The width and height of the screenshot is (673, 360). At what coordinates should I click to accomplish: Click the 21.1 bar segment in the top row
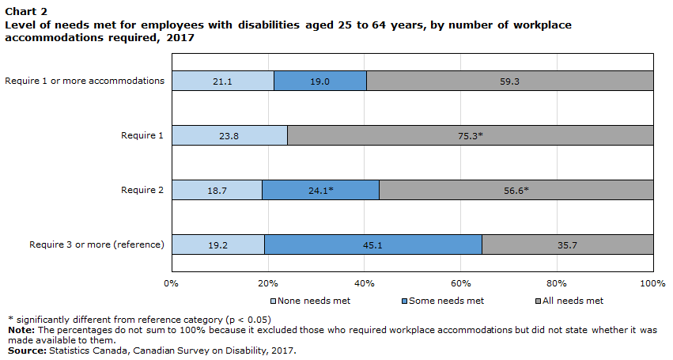coord(223,81)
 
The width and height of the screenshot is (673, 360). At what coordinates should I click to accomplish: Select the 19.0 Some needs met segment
coord(320,81)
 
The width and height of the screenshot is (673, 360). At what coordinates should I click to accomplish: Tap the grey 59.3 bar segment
coord(509,81)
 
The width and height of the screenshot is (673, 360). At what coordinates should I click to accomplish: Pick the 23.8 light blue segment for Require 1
coord(229,135)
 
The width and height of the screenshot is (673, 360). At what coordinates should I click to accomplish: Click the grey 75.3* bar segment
coord(470,135)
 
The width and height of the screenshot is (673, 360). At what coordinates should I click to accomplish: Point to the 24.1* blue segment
coord(320,191)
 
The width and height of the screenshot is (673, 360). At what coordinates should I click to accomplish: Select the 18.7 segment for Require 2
coord(217,191)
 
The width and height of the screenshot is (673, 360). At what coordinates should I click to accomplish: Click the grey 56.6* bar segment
coord(516,191)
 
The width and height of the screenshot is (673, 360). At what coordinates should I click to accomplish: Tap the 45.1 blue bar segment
coord(372,245)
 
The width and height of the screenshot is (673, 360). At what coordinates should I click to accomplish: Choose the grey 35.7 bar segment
coord(567,245)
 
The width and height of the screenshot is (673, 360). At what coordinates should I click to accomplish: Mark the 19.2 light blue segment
coord(218,245)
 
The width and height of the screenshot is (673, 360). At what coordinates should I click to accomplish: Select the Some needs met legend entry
coord(443,301)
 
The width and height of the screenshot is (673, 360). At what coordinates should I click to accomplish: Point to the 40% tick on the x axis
coord(364,282)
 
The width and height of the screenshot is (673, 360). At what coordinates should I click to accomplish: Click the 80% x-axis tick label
coord(558,282)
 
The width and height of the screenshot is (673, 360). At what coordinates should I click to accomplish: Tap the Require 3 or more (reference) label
coord(96,244)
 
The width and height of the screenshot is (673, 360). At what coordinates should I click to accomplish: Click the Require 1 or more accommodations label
coord(85,80)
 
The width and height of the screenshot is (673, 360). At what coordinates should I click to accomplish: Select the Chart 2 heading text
coord(26,12)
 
